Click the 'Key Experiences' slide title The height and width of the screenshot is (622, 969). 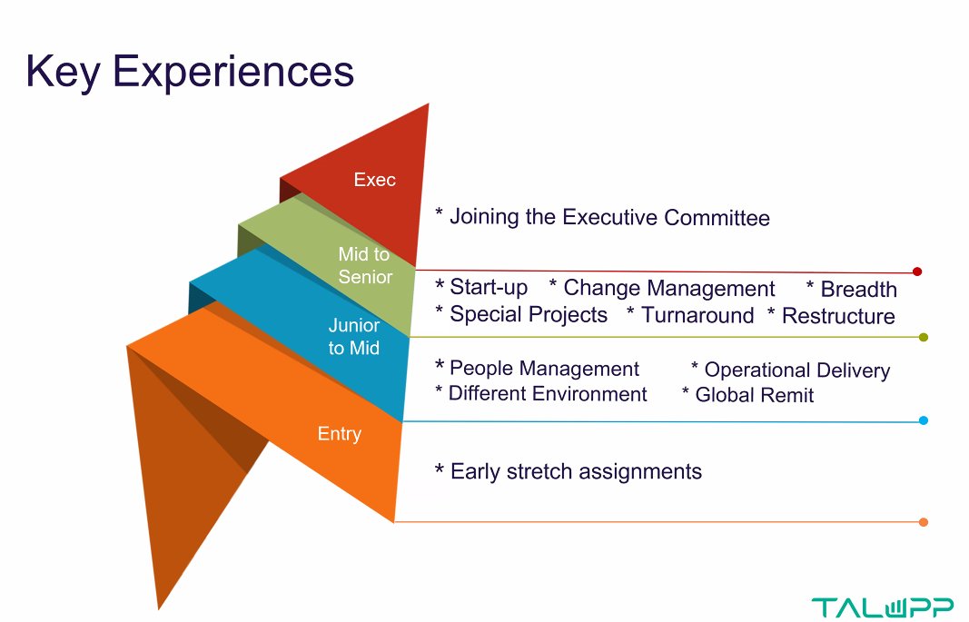tap(189, 71)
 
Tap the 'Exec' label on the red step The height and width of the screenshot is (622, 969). tap(374, 180)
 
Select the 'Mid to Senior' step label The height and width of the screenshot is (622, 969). tap(364, 265)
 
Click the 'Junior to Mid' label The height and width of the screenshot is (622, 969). tap(354, 336)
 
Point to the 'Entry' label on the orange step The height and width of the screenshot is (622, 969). tap(339, 434)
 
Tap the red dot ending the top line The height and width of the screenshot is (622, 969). tap(917, 272)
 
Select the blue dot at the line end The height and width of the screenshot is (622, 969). tap(924, 420)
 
